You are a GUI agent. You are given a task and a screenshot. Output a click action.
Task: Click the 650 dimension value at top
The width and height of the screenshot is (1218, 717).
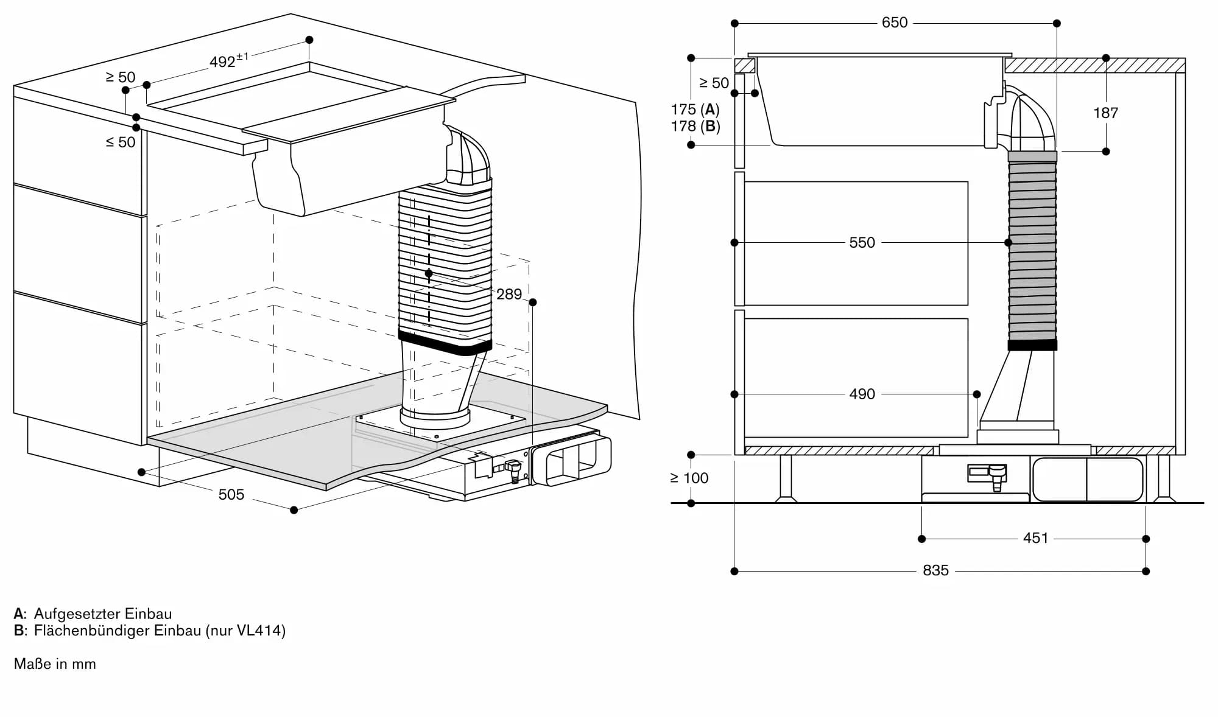[894, 23]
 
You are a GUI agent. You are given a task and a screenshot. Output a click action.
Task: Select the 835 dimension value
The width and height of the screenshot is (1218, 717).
[935, 570]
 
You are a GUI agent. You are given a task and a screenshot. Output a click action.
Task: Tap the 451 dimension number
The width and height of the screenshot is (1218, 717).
[1035, 538]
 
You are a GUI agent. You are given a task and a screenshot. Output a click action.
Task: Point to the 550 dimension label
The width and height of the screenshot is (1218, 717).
[862, 242]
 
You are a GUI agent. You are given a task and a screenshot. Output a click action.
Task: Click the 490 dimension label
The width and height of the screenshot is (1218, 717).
[862, 394]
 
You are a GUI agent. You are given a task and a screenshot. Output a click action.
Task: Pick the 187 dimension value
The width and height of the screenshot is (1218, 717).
[1105, 113]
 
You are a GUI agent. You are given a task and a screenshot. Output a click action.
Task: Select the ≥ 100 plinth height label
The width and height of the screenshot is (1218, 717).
[689, 478]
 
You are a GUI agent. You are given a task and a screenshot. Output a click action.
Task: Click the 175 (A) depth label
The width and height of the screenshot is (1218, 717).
[695, 110]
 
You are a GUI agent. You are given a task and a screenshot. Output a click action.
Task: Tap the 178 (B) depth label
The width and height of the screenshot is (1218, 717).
[695, 126]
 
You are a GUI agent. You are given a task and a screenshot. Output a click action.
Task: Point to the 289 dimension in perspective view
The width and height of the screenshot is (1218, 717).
[509, 294]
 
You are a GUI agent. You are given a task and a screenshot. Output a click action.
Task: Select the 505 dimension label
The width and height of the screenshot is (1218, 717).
[231, 494]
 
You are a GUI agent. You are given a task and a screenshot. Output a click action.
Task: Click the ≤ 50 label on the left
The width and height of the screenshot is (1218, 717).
[121, 142]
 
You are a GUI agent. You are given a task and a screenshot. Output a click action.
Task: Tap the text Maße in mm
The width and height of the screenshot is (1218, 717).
[55, 663]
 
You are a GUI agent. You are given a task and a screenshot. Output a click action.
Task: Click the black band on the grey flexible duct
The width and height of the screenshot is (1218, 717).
[1032, 345]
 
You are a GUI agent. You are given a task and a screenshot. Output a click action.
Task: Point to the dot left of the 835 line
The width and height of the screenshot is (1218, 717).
[734, 571]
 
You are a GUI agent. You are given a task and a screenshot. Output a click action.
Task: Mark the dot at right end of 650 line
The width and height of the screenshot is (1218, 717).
[1057, 23]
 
